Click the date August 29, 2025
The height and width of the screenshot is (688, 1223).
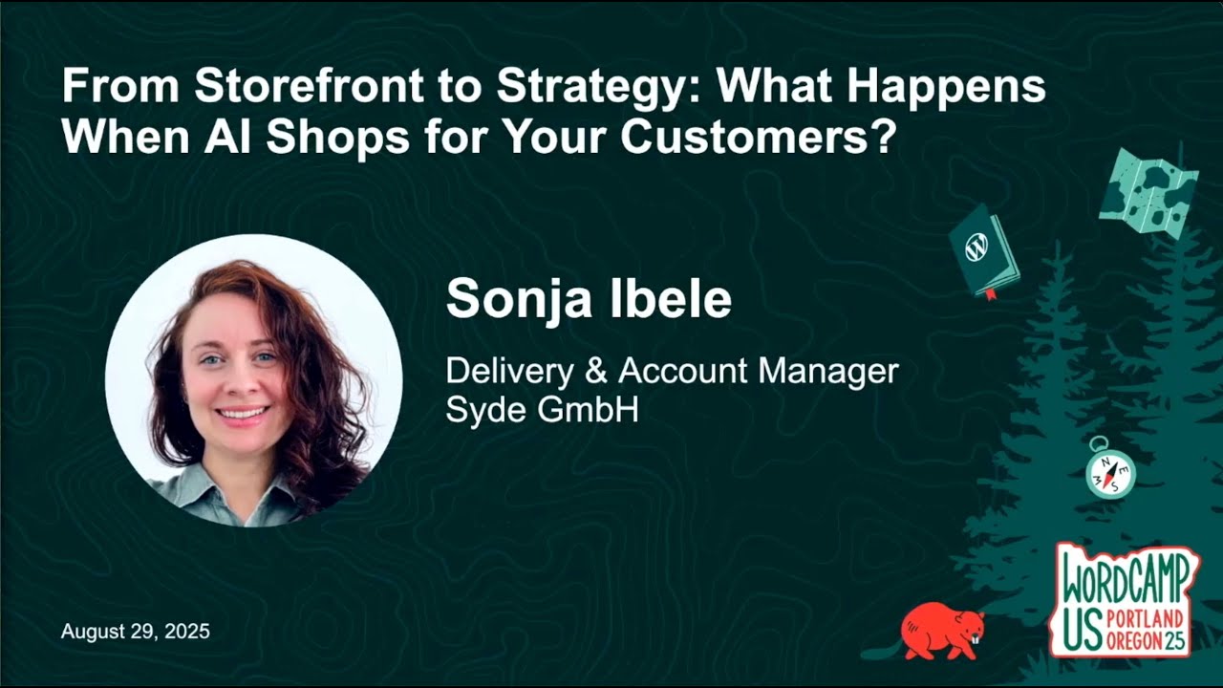(136, 632)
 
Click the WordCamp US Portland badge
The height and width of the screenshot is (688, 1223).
(1126, 600)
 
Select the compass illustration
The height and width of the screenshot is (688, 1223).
(1110, 470)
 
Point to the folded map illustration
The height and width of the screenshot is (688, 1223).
(1148, 191)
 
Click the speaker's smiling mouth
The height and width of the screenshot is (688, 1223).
(243, 413)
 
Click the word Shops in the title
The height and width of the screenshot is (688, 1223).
(331, 137)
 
